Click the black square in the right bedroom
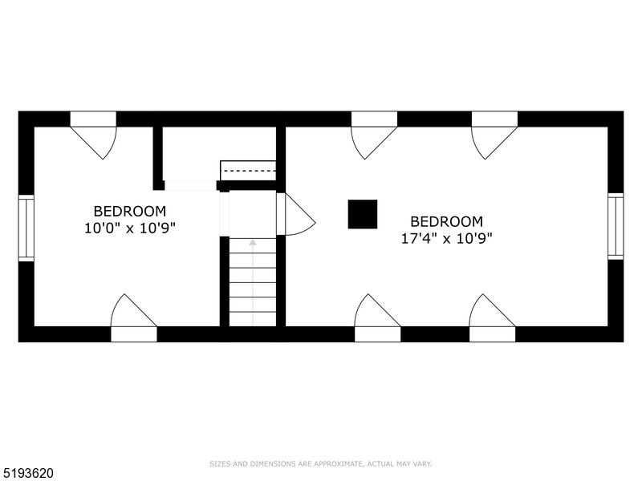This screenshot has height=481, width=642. click(x=362, y=214)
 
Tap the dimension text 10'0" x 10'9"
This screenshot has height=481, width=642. click(x=130, y=228)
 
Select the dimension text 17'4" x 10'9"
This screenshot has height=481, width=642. click(x=447, y=238)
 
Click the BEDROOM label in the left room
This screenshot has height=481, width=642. click(x=130, y=211)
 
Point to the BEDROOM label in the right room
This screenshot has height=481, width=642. click(x=447, y=221)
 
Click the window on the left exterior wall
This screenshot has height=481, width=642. click(x=26, y=228)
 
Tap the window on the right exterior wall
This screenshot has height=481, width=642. click(x=616, y=226)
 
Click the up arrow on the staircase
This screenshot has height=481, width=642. click(x=253, y=241)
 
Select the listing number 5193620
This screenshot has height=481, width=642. click(x=27, y=473)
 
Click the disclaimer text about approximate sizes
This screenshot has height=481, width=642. click(x=321, y=463)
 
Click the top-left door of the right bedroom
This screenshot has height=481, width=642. click(x=374, y=136)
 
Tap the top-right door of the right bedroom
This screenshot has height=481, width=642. click(x=494, y=136)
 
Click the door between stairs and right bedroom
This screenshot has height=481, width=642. click(x=294, y=214)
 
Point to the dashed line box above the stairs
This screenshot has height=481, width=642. click(x=248, y=171)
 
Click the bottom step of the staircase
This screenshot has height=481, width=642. click(x=253, y=319)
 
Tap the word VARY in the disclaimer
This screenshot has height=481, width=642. click(x=423, y=463)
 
